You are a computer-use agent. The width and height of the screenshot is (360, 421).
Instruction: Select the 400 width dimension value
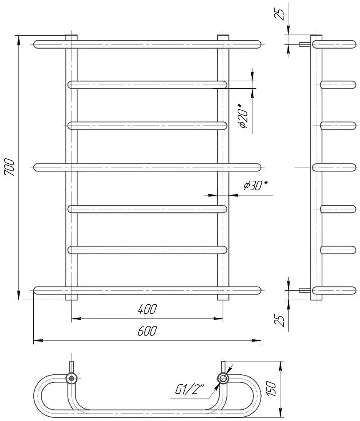(x=147, y=309)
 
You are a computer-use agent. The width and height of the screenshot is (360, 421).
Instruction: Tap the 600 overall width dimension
(x=147, y=331)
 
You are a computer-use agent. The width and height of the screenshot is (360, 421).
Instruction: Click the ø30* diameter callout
(x=255, y=186)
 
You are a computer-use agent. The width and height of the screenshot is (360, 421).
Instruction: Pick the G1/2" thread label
(x=190, y=390)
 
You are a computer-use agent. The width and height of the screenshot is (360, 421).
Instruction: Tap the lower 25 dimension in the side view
(x=281, y=320)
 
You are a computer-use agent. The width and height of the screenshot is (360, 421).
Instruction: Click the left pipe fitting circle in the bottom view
(x=72, y=378)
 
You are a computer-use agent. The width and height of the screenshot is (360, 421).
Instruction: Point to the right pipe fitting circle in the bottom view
(x=223, y=378)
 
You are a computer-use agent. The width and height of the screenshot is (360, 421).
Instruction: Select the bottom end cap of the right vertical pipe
(x=223, y=297)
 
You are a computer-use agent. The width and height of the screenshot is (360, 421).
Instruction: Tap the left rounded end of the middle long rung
(x=37, y=167)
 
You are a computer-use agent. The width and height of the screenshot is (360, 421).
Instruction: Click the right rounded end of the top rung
(x=257, y=44)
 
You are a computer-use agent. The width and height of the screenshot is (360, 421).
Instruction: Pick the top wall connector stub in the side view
(x=304, y=44)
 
